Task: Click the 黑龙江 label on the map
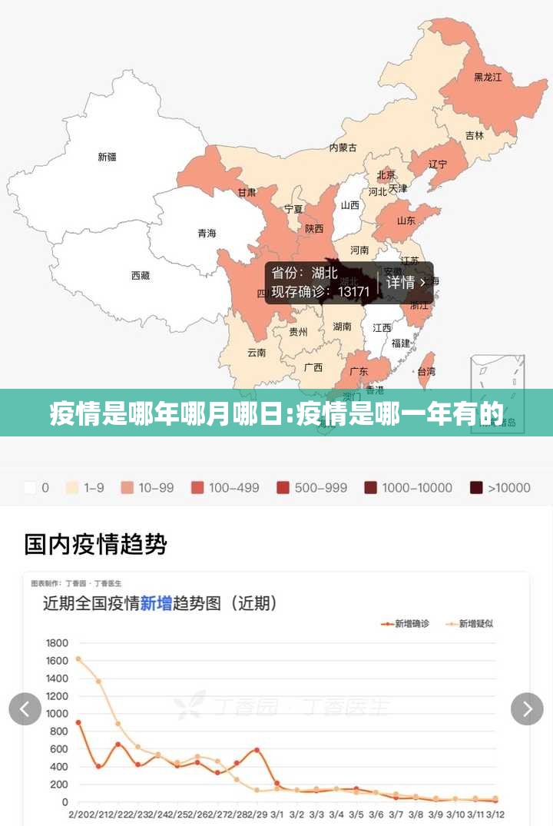[x=488, y=77]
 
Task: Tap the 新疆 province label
[x=107, y=157]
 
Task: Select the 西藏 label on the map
[x=140, y=275]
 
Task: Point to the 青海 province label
[x=207, y=233]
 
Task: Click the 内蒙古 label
[x=343, y=148]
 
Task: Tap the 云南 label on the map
[x=257, y=353]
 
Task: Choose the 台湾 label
[x=426, y=371]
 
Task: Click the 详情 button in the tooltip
[x=406, y=282]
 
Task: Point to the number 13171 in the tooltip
[x=354, y=292]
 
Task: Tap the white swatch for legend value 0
[x=31, y=487]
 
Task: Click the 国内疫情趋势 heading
[x=95, y=545]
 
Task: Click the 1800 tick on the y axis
[x=58, y=643]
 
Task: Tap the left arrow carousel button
[x=25, y=708]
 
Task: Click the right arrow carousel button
[x=527, y=708]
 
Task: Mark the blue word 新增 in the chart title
[x=156, y=603]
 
